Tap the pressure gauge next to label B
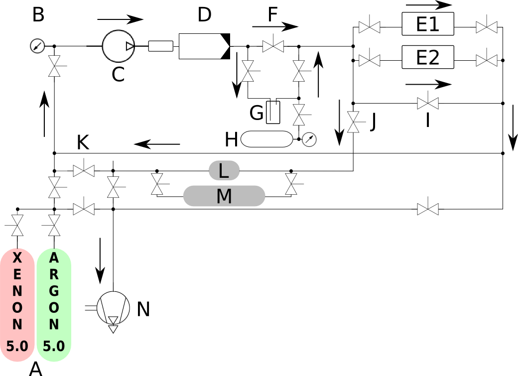37,47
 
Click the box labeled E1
428,24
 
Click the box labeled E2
428,57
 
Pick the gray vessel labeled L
224,171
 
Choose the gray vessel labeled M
224,196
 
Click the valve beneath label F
273,46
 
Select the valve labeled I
428,103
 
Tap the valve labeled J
353,122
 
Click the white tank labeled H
266,139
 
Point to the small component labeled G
272,113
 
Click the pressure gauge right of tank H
309,139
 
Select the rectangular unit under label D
204,46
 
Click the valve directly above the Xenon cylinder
17,225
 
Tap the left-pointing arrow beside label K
156,144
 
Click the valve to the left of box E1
369,27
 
